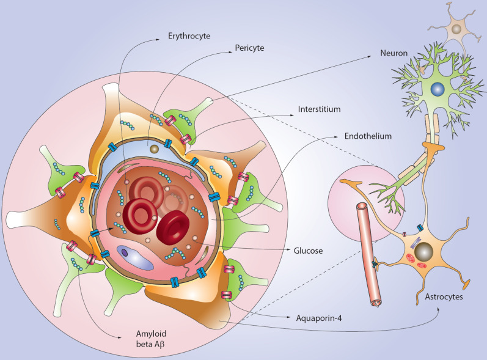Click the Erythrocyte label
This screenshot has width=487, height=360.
point(190,37)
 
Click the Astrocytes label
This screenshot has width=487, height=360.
point(444,296)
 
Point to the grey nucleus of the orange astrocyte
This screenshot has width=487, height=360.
point(424,252)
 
